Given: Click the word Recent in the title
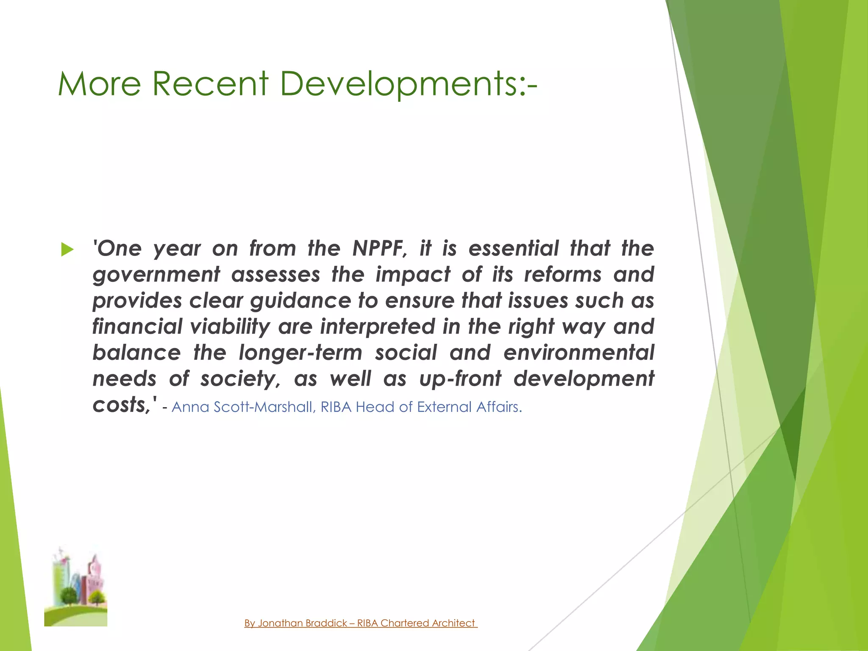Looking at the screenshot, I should [x=210, y=84].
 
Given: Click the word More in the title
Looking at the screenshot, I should [x=99, y=84].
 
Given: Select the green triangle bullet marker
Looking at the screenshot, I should [x=67, y=250].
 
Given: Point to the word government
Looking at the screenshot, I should [x=156, y=275].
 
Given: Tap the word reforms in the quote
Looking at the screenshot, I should [x=562, y=275].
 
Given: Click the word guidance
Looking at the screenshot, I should [x=300, y=301].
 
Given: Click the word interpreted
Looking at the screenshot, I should [x=377, y=327].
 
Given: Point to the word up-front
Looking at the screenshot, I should [x=460, y=379].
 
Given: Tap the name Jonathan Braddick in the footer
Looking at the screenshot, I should [x=303, y=623].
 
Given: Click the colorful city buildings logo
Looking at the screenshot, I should [x=76, y=587].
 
